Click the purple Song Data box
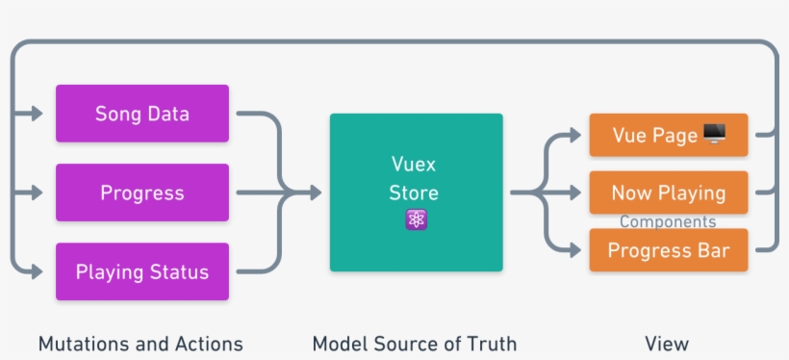(142, 114)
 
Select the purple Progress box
(142, 193)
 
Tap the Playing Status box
(142, 271)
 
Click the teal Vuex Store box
(416, 193)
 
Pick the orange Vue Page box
(668, 135)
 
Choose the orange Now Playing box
(668, 193)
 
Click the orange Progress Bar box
(668, 252)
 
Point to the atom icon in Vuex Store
(416, 219)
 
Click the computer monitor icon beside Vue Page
(715, 135)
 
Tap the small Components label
(668, 222)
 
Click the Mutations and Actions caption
(140, 344)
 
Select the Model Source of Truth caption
(415, 344)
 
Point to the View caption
(667, 344)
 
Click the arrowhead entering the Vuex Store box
(315, 193)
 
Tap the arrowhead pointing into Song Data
(38, 114)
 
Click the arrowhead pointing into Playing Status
(38, 271)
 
